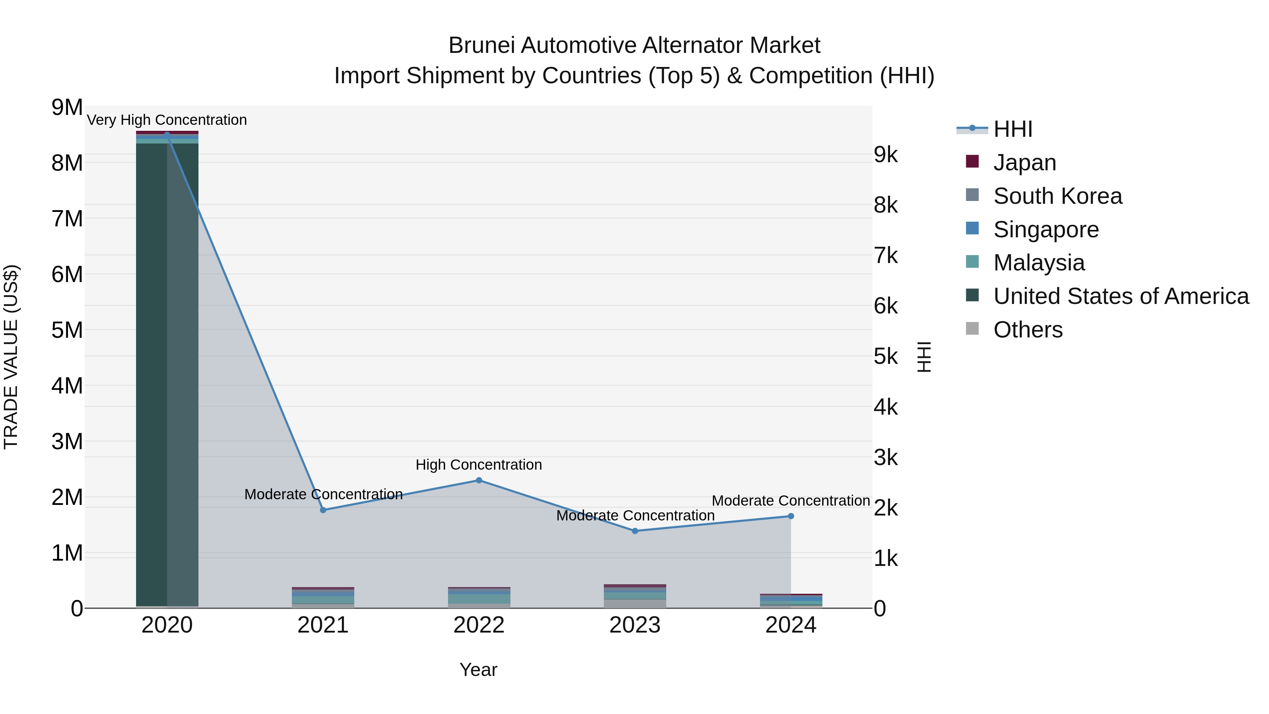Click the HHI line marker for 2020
[x=167, y=135]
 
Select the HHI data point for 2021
[x=323, y=510]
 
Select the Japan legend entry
[x=1025, y=163]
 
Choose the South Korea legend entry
[x=1057, y=196]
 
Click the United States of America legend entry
[x=1121, y=296]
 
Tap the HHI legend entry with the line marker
[x=1012, y=129]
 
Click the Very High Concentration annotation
[x=167, y=120]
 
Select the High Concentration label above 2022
[x=479, y=465]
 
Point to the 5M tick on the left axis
[x=67, y=330]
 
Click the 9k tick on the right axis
[x=886, y=155]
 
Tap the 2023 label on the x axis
[x=635, y=625]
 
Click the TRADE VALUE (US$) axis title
[x=11, y=357]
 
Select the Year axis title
[x=478, y=670]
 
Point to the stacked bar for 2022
[x=479, y=597]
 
